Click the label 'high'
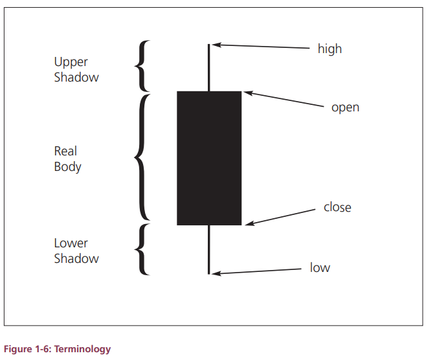330,49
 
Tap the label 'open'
345,108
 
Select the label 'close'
337,207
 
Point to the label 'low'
320,267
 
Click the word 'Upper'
71,62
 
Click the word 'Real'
65,151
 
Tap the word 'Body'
67,167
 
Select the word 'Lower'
71,243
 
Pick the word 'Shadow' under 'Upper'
76,77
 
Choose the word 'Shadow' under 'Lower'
76,258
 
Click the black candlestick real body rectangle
209,158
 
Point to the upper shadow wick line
208,67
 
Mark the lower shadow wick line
208,250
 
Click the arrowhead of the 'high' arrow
216,45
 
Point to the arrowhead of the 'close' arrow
249,223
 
